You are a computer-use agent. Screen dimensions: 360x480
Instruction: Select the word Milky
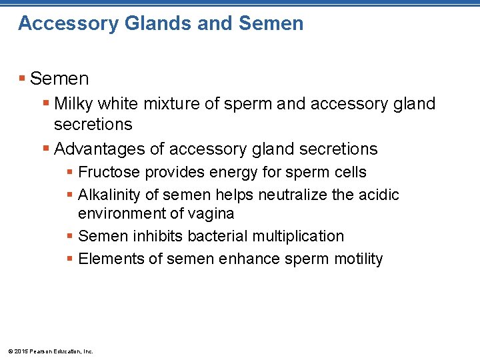pos(74,104)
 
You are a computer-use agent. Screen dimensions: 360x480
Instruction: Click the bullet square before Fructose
pos(70,173)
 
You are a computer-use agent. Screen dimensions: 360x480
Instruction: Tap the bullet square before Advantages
pos(45,149)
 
